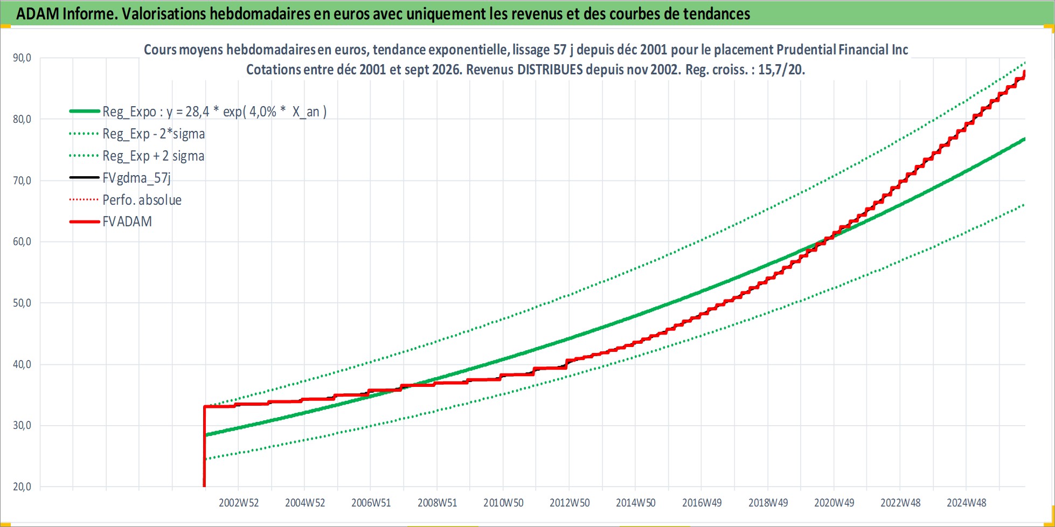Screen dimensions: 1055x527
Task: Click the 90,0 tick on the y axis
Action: tap(22, 58)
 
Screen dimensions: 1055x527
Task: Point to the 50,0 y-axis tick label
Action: tap(22, 303)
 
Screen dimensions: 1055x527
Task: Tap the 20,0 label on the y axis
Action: tap(22, 487)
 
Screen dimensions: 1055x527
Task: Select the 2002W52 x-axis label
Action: tap(239, 503)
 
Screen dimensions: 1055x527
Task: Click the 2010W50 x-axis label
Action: tap(503, 503)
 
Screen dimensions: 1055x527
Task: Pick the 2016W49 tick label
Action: tap(702, 503)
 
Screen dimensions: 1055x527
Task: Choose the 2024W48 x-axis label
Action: tap(967, 503)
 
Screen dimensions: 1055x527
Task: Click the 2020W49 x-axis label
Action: tap(834, 503)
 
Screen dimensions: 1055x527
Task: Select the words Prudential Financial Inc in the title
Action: tap(842, 50)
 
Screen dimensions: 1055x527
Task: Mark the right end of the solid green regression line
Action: tap(1024, 139)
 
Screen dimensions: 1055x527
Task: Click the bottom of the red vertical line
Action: tap(204, 486)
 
